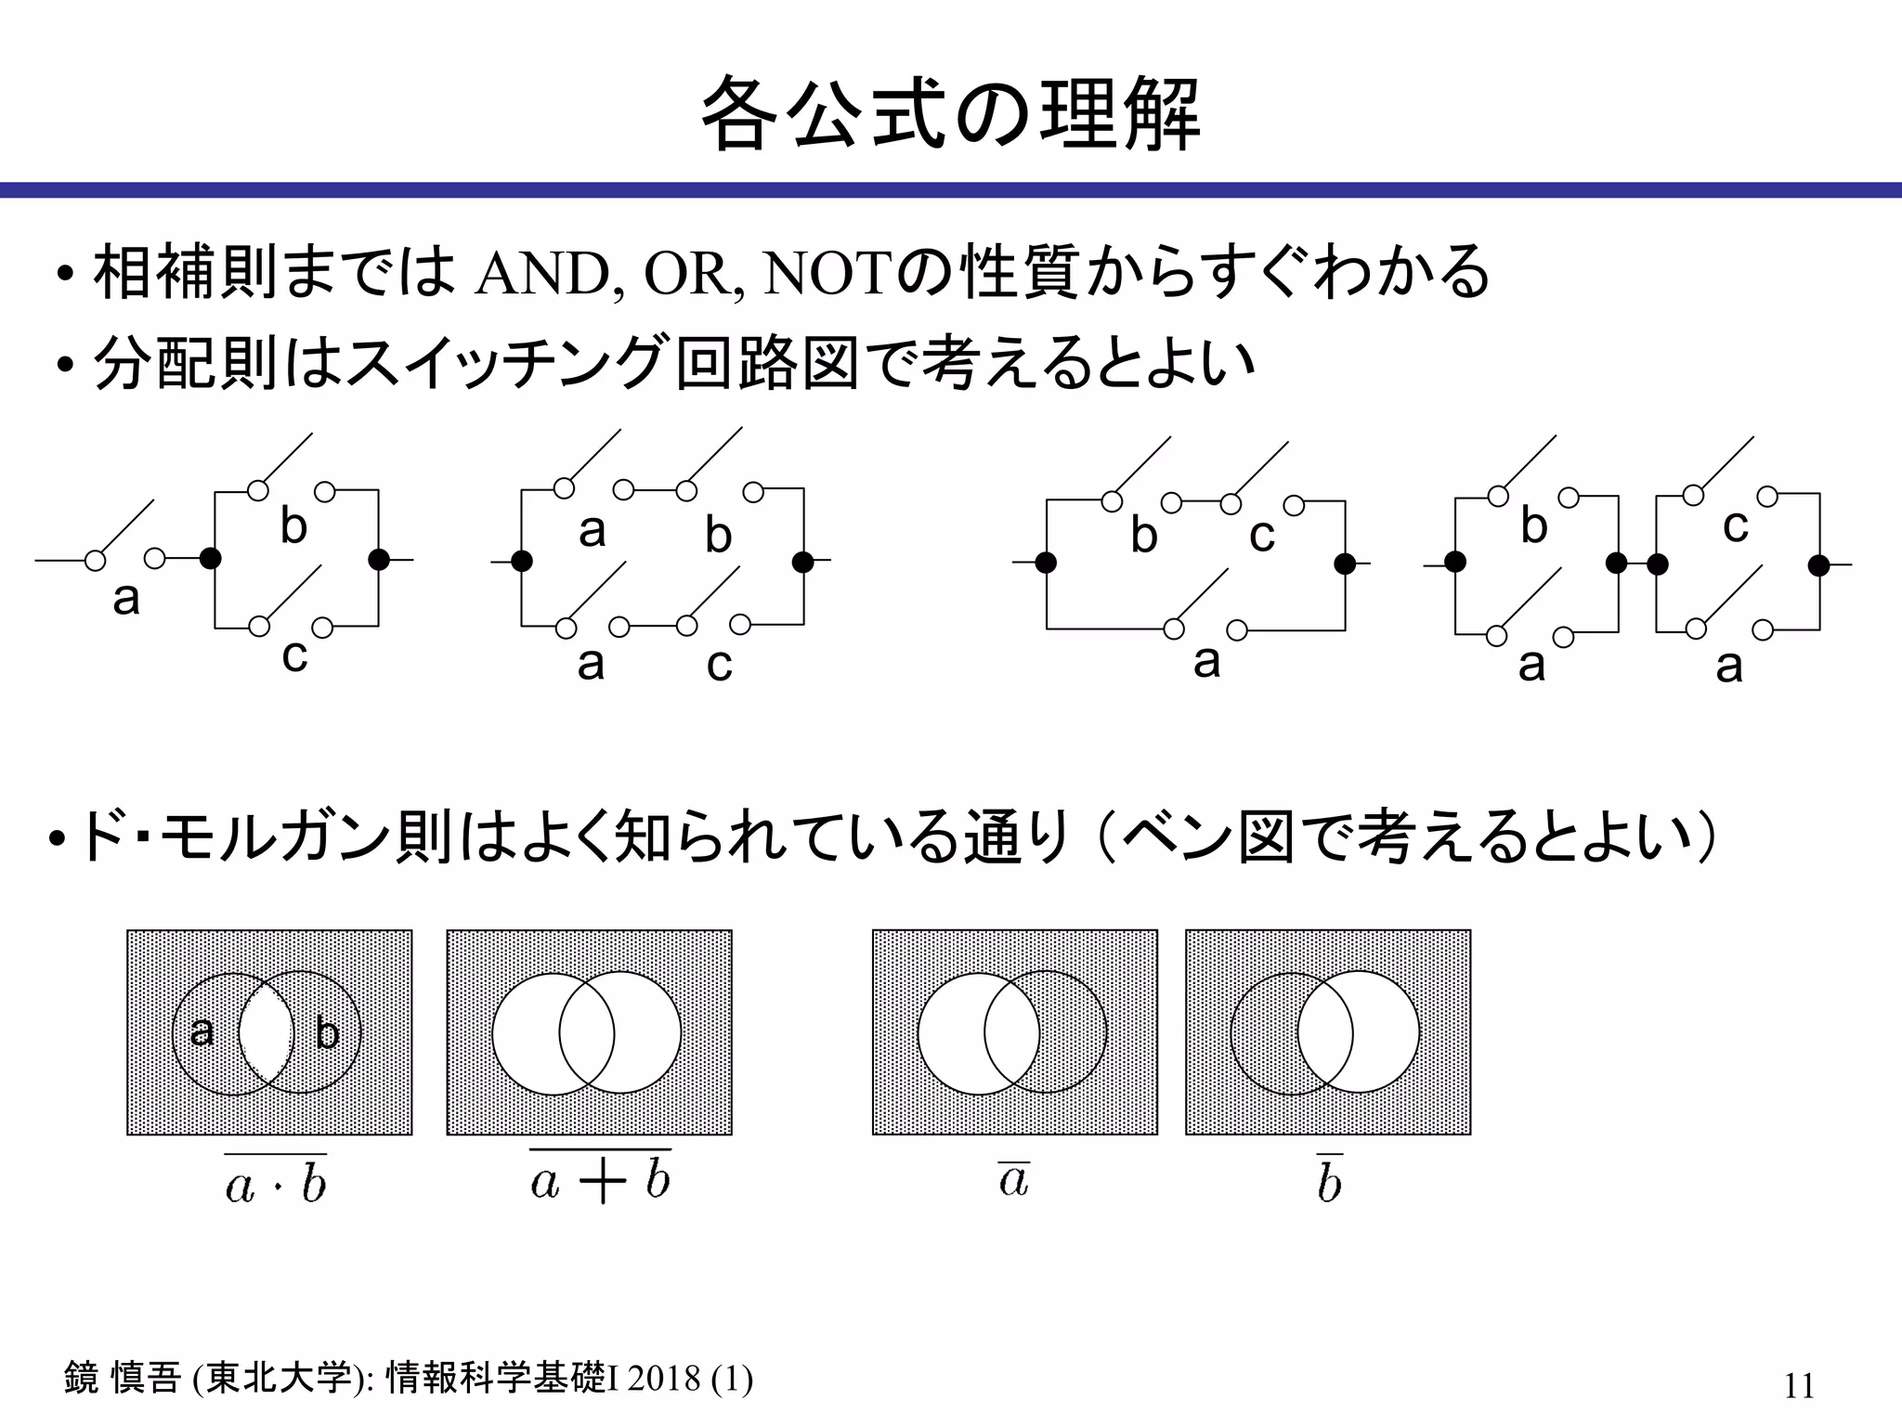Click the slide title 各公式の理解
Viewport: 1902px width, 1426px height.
950,115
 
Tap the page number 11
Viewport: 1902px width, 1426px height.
1798,1386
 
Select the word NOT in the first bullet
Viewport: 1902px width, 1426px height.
831,274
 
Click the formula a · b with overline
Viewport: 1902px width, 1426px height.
276,1182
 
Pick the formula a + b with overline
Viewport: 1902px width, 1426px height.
600,1179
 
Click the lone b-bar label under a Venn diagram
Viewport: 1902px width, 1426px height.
1329,1182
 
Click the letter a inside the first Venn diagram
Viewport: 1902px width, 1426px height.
202,1031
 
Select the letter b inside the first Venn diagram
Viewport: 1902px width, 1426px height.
327,1033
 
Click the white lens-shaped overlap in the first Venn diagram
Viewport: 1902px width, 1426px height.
267,1032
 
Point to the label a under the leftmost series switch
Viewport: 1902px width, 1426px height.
126,599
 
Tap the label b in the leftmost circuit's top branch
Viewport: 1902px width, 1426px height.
293,527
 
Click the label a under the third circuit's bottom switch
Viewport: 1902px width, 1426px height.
1206,662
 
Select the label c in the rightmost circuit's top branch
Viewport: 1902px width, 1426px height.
1735,526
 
